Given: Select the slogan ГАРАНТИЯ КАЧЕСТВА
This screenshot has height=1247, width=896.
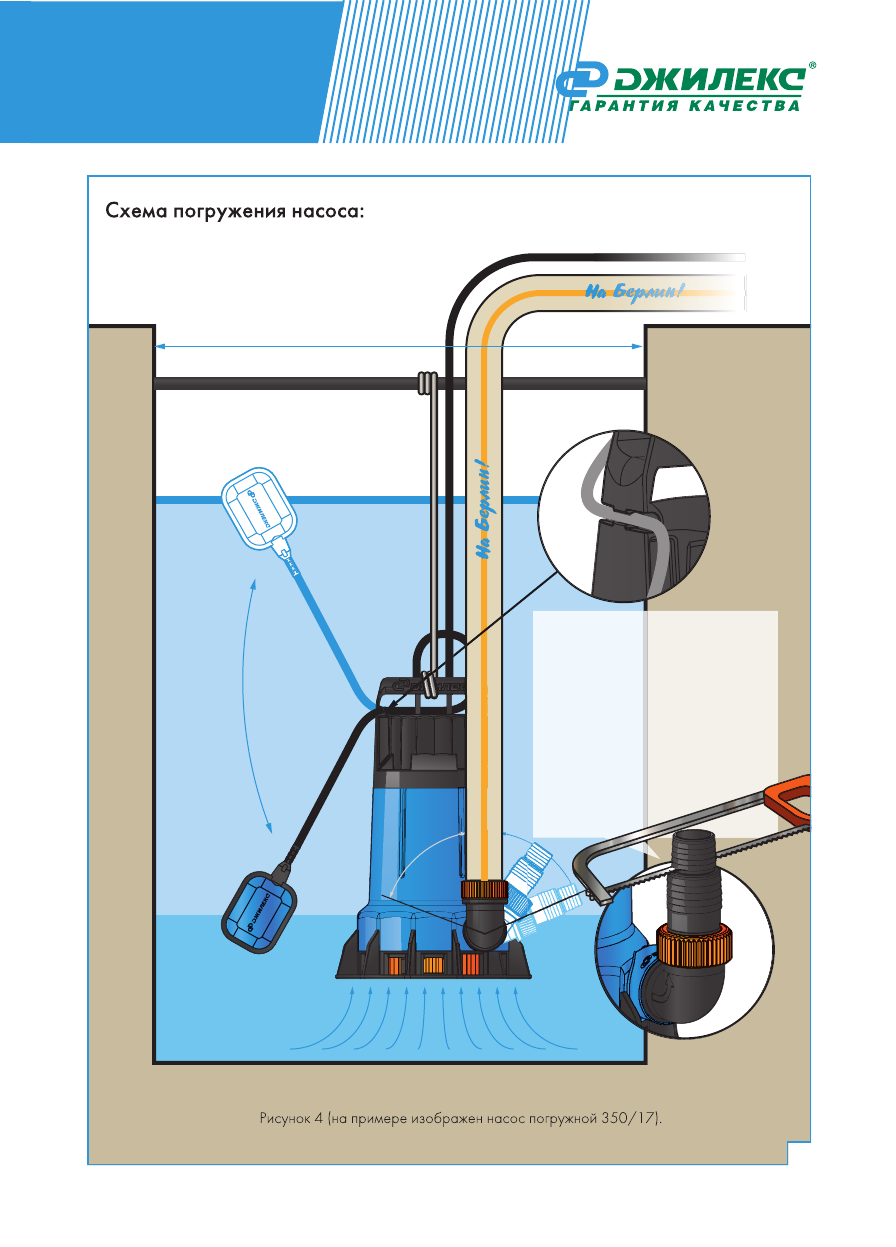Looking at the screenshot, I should (x=685, y=107).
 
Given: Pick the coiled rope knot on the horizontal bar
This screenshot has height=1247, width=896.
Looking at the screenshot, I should (x=426, y=382).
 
